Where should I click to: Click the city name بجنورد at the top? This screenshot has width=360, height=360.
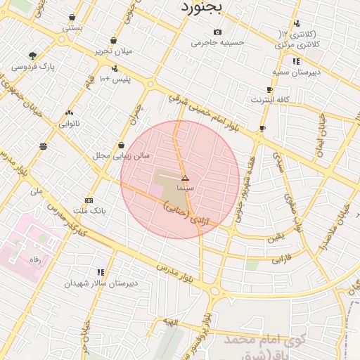click(x=201, y=7)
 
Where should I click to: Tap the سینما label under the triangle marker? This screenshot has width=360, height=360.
click(x=185, y=188)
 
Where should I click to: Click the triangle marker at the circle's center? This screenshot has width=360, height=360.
click(x=185, y=179)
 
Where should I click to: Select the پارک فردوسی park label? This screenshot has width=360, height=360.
click(x=33, y=67)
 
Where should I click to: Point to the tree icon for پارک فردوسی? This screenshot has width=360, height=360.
click(x=32, y=56)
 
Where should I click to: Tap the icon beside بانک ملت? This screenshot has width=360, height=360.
click(x=89, y=200)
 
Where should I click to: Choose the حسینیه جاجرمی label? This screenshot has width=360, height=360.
click(x=218, y=42)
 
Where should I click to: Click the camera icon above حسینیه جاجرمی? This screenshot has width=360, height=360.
click(x=217, y=32)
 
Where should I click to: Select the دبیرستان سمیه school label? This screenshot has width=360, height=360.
click(x=296, y=72)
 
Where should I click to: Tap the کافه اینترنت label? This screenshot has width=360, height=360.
click(x=270, y=100)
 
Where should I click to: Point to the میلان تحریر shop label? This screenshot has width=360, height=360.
click(x=114, y=51)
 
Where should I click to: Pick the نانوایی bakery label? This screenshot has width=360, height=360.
click(x=68, y=124)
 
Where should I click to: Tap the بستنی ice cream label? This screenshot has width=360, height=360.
click(x=72, y=28)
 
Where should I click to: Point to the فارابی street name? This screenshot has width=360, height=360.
click(x=281, y=258)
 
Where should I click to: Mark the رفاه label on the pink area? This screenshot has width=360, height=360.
click(x=34, y=259)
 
